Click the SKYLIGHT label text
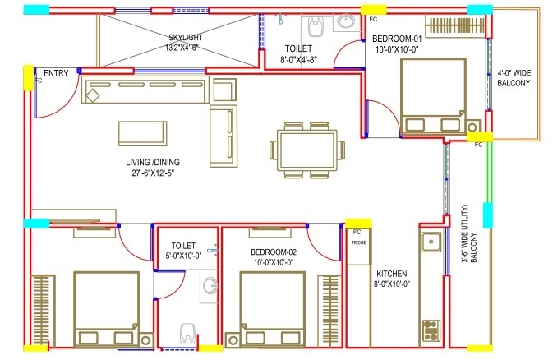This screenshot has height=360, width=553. (x=186, y=38)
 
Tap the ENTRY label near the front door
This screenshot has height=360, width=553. (x=57, y=74)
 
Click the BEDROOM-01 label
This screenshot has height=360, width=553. (x=397, y=39)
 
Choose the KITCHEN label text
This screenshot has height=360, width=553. (x=392, y=274)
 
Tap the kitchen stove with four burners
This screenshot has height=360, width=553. (x=431, y=330)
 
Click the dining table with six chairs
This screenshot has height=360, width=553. (x=304, y=150)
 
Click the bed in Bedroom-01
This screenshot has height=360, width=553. (x=431, y=99)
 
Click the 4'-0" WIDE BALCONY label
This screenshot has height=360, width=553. (x=514, y=77)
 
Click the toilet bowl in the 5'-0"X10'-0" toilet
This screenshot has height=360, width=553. (x=188, y=334)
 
